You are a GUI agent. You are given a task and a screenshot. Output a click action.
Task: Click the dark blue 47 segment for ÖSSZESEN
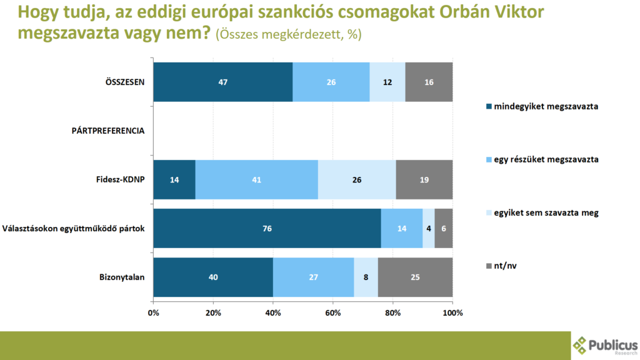[222, 82]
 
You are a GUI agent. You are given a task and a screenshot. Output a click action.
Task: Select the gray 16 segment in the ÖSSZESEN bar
[429, 82]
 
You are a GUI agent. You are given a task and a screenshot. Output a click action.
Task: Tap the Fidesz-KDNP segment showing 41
[257, 179]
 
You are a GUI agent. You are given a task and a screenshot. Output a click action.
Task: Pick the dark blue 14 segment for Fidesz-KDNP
[174, 179]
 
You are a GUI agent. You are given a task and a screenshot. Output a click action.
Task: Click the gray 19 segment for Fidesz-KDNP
[424, 179]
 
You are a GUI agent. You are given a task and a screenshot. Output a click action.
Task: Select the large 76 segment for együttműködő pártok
[267, 228]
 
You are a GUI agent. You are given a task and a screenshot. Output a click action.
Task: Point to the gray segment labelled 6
[444, 228]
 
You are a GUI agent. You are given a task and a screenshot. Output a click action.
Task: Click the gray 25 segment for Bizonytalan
[415, 277]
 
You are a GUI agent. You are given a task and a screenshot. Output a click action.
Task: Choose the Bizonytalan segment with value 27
[313, 277]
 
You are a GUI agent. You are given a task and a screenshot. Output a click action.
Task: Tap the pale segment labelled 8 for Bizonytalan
[366, 277]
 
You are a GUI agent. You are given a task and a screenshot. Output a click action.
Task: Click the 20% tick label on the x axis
[213, 312]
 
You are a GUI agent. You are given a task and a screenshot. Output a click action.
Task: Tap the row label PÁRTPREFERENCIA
[109, 131]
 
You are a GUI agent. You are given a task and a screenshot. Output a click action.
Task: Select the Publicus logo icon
[581, 345]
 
